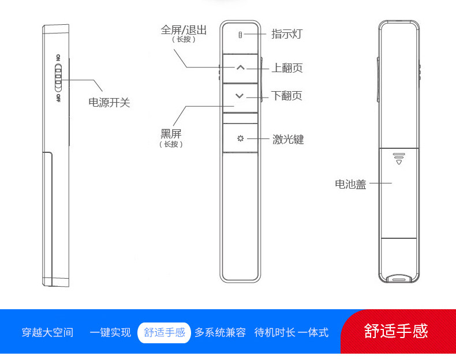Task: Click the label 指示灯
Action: [286, 34]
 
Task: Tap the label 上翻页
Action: [287, 68]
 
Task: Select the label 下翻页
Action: [287, 96]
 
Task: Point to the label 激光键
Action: [288, 140]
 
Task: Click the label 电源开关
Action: [109, 103]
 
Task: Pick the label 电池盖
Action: [350, 185]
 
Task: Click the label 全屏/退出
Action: [184, 30]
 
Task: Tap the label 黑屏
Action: [171, 133]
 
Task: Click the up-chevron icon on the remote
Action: [240, 68]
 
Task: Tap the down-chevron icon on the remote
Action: [240, 96]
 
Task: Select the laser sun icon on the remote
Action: [240, 138]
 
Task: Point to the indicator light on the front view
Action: [241, 35]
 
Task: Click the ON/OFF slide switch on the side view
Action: [58, 78]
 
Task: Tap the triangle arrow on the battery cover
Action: [398, 162]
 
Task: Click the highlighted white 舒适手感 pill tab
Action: [165, 332]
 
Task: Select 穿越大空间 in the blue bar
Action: [47, 332]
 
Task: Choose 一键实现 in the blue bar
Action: [110, 332]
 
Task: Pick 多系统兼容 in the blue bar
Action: [220, 332]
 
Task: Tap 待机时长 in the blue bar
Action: [275, 332]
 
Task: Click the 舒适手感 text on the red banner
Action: [396, 331]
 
